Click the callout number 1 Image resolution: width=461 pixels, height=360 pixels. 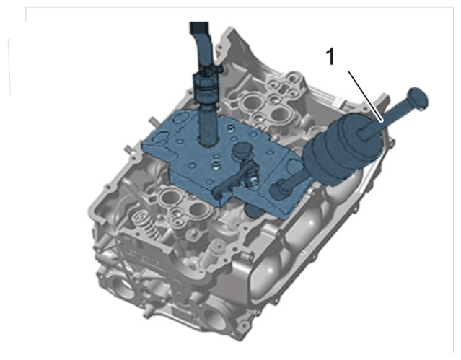coord(330,57)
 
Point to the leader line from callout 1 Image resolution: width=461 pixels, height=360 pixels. coord(365,96)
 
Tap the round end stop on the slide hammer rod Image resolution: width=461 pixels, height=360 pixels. coord(417,99)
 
